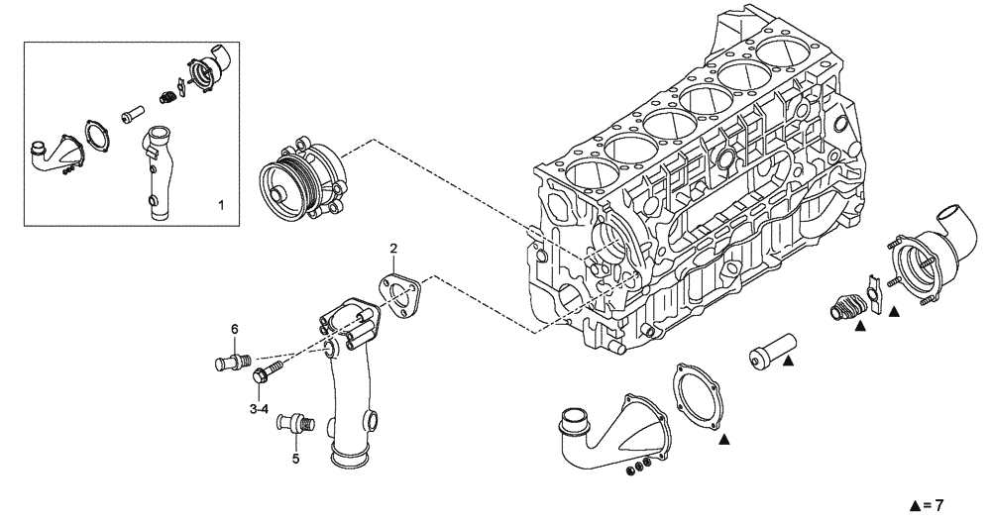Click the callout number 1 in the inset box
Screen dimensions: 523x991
[x=221, y=205]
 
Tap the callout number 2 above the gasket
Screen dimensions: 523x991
[x=393, y=248]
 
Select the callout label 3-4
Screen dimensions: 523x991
[x=260, y=407]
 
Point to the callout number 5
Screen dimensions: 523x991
[x=295, y=459]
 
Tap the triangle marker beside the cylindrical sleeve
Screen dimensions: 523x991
[x=788, y=364]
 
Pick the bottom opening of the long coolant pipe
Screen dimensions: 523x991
[x=353, y=459]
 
